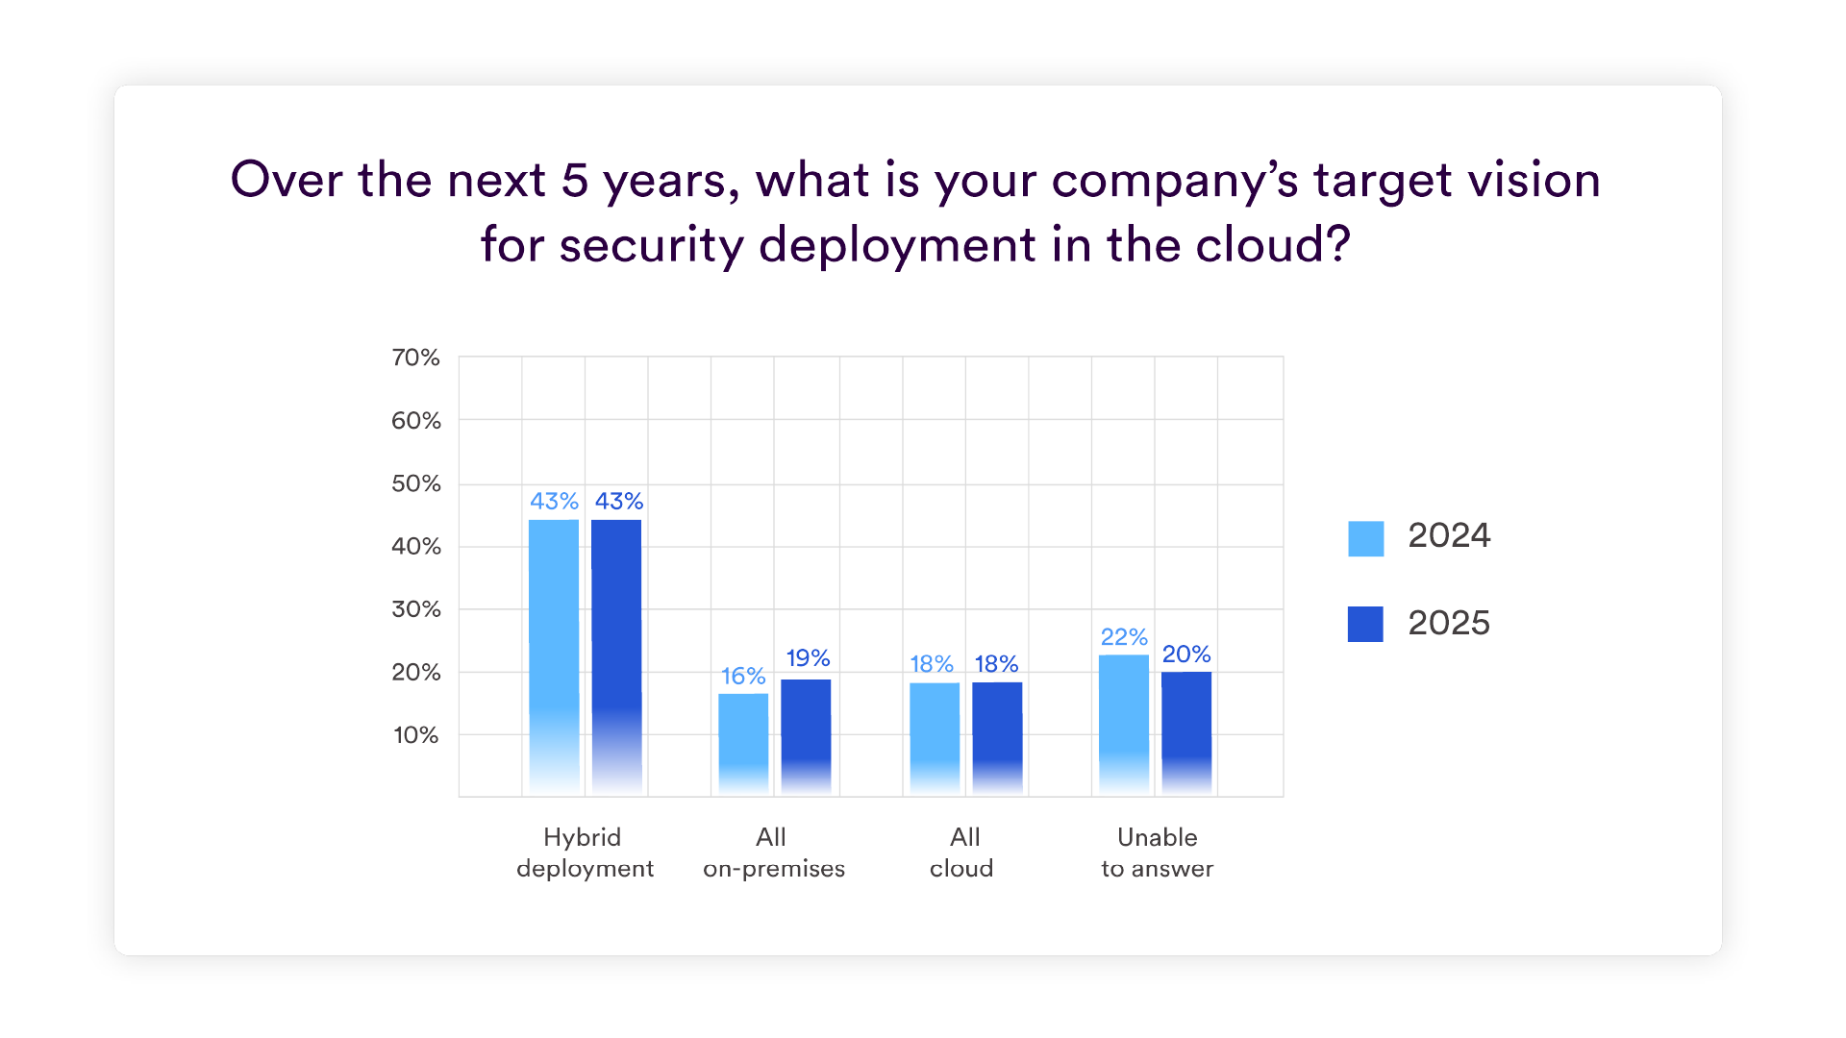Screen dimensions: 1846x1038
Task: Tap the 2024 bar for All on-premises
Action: coord(743,745)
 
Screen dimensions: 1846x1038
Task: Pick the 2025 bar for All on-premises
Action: coord(806,738)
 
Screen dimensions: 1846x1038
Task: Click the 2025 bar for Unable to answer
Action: coord(1186,734)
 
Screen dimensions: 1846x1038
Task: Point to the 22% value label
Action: coord(1124,637)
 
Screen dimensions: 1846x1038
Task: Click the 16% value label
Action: coord(743,677)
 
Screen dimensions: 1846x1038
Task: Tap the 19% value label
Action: coord(808,658)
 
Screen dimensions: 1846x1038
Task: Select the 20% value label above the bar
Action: coord(1186,655)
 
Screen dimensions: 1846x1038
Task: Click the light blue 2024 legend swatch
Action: coord(1366,538)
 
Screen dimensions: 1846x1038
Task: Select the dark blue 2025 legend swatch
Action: coord(1366,624)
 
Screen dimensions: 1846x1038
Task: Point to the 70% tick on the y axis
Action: coord(415,358)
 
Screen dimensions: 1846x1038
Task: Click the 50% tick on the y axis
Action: coord(415,483)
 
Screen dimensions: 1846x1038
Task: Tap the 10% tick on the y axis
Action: coord(415,735)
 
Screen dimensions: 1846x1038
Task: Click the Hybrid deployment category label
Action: coord(585,853)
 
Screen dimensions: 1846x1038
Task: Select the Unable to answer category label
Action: coord(1158,853)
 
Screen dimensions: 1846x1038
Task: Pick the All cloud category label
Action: coord(962,853)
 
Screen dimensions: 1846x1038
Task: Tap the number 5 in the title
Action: coord(575,180)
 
